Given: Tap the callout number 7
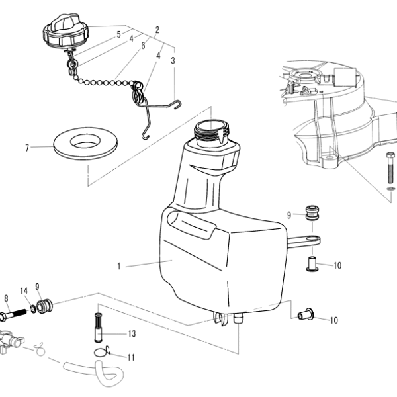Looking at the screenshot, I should tap(27, 148).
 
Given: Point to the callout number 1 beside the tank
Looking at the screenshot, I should tap(119, 267).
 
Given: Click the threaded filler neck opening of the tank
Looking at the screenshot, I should tap(212, 127).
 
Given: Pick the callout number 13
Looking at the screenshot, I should tap(132, 333).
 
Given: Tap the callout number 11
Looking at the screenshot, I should tap(131, 357).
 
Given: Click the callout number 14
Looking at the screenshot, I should tap(24, 290).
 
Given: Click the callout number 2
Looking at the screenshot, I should tap(157, 30).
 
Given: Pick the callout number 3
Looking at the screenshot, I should tap(173, 60).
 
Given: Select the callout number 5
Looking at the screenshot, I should tap(119, 34).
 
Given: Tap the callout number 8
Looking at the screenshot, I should tap(6, 298).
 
